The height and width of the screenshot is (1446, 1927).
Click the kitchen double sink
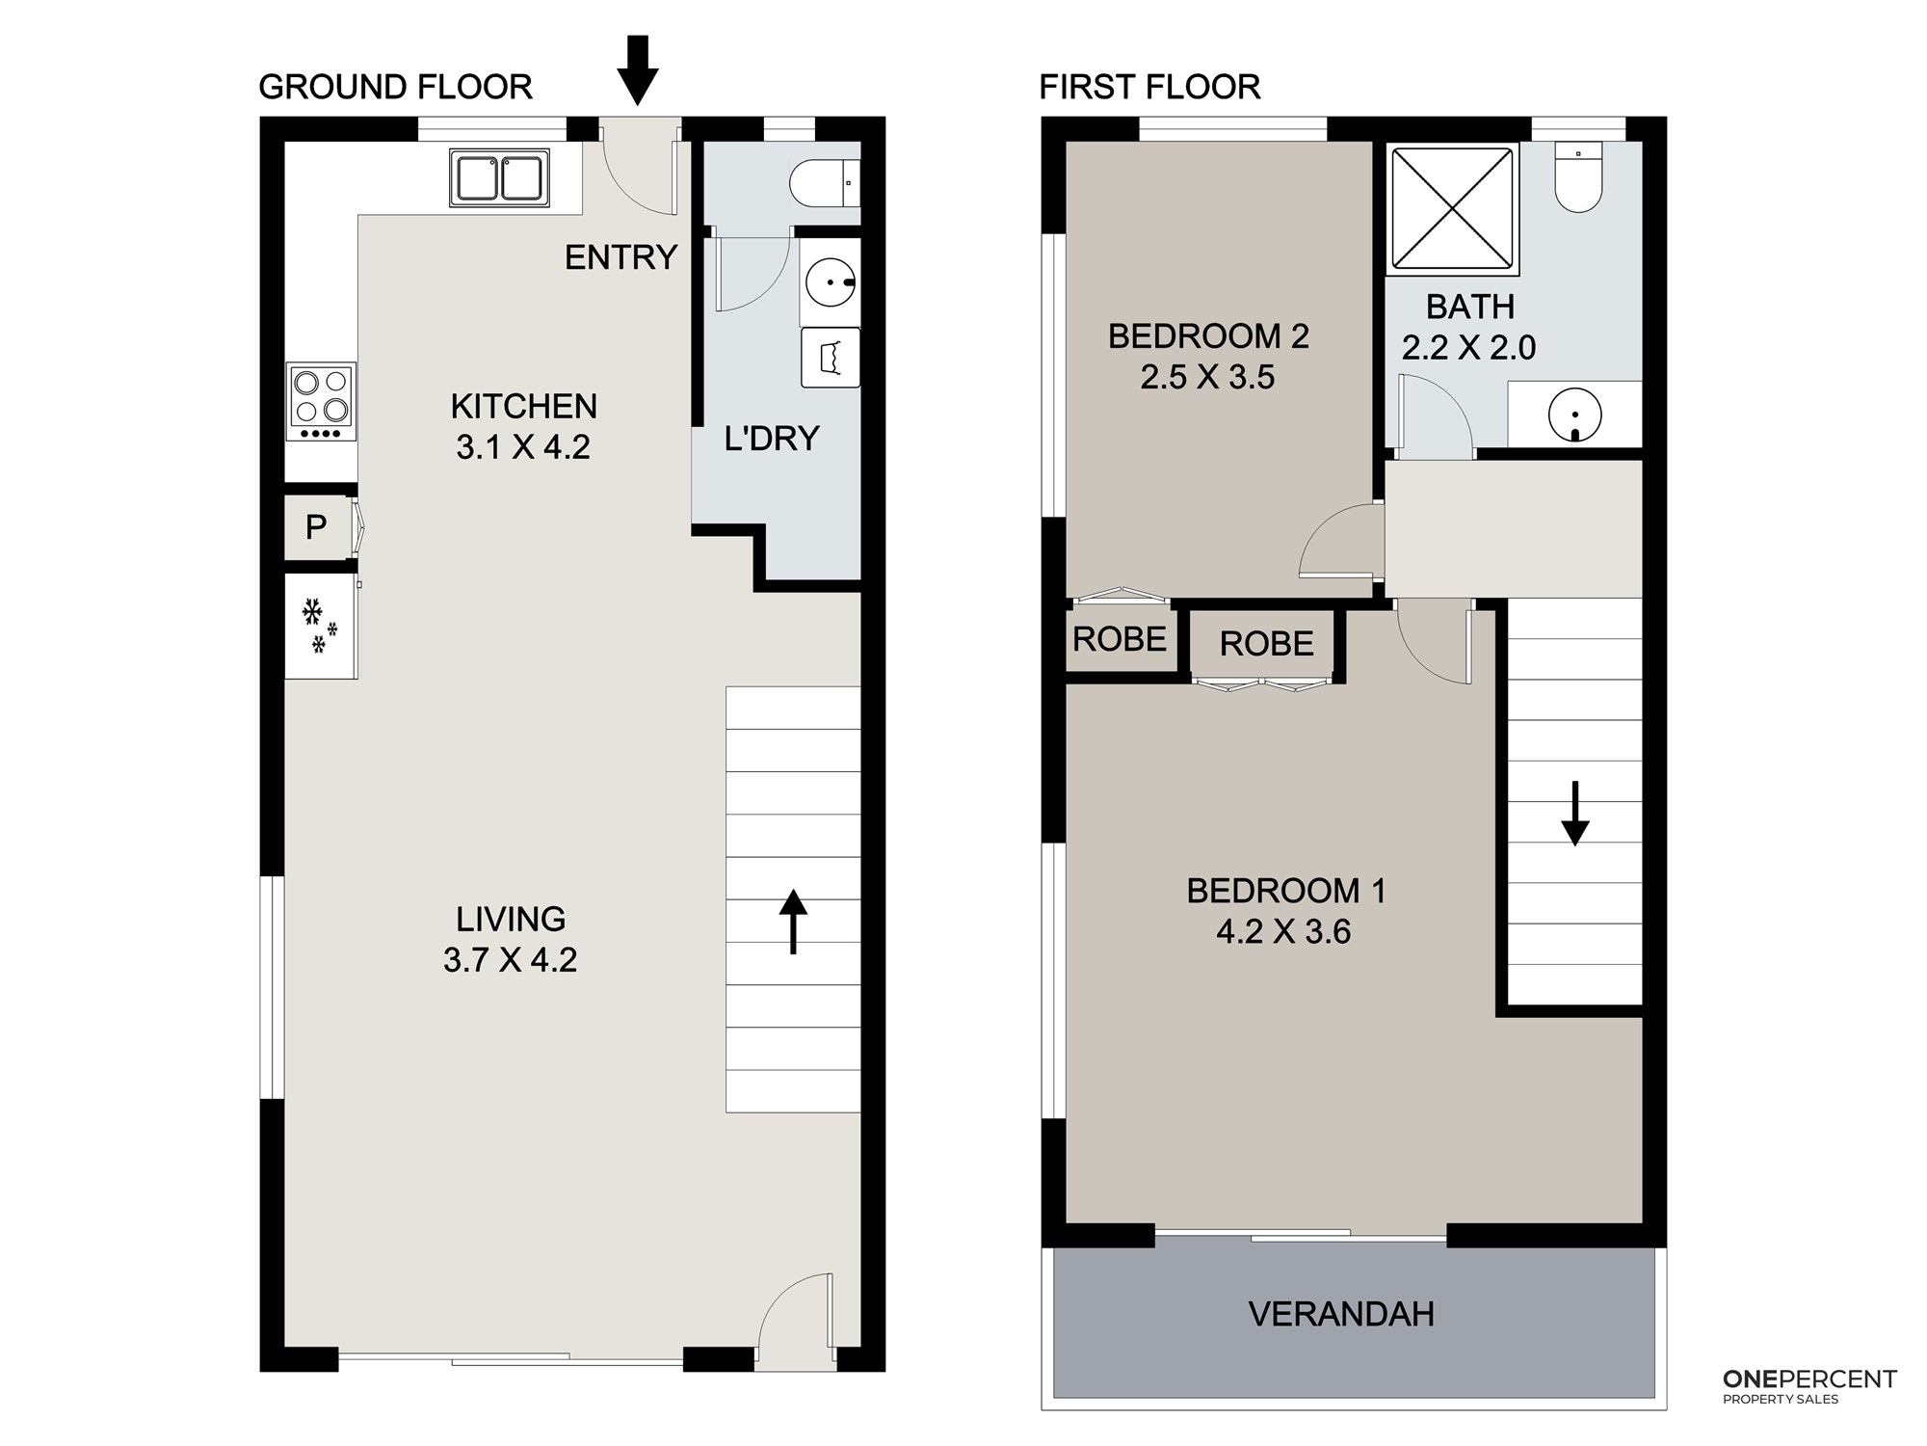pos(499,177)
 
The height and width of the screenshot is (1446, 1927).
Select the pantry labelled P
pos(316,527)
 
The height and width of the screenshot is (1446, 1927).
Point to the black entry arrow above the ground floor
pos(637,69)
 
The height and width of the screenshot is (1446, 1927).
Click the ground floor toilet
pos(825,182)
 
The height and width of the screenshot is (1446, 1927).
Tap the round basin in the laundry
pos(831,282)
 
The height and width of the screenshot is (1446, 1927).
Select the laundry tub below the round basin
pos(831,358)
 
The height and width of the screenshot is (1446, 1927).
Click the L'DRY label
pos(772,439)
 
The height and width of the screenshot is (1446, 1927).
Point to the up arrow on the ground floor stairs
pos(793,922)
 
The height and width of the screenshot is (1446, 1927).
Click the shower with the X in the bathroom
pos(1452,208)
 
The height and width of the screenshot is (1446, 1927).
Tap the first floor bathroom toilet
pos(1578,176)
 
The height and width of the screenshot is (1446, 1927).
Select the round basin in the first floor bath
pos(1575,415)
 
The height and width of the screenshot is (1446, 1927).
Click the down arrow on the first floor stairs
pos(1575,814)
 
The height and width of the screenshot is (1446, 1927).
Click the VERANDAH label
pos(1341,1314)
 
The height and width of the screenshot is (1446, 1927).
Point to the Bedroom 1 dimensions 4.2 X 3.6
pos(1283,932)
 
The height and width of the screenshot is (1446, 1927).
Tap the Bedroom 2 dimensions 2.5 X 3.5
pos(1207,377)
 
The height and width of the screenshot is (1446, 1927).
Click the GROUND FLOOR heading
pos(395,87)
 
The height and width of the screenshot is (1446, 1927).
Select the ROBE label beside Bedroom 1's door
pos(1267,644)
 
